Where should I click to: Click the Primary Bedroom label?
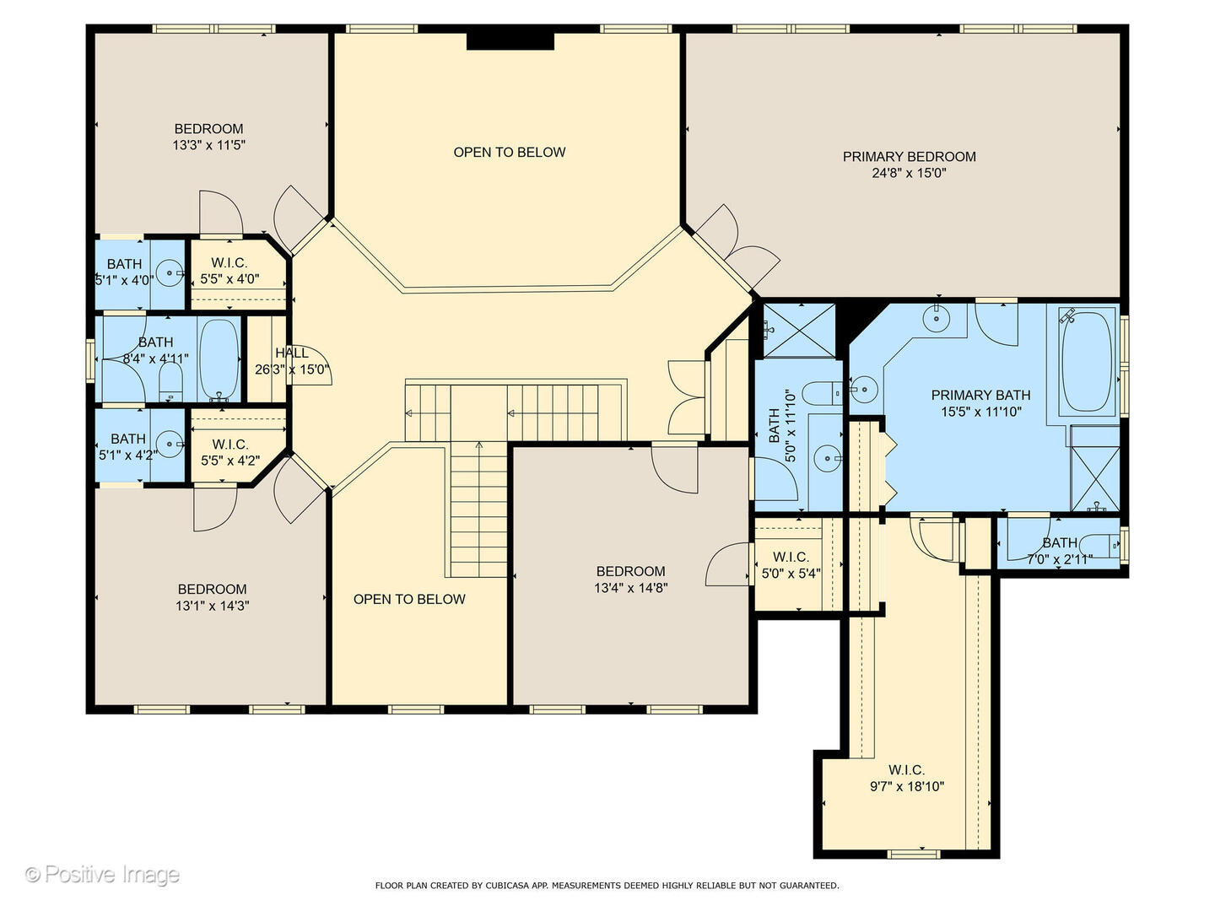pos(909,157)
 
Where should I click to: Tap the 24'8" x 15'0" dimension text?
pos(909,173)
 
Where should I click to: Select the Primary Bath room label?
pos(980,395)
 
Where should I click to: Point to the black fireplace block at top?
pos(510,41)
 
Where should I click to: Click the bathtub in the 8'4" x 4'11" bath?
pos(219,360)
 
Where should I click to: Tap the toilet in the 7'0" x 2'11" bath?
pos(1099,546)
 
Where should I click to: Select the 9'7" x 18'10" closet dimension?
pos(907,786)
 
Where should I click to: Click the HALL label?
pos(292,353)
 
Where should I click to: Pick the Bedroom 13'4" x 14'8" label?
pos(630,571)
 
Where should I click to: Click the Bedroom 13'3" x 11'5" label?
pos(208,129)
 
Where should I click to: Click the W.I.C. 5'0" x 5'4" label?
pos(791,557)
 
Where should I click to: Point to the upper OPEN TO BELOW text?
pos(510,152)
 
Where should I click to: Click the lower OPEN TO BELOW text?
pos(409,599)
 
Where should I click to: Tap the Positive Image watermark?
pos(102,875)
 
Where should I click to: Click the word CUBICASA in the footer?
pos(503,886)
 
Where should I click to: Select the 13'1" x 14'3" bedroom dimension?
pos(212,606)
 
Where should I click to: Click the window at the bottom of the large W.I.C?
pos(913,854)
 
